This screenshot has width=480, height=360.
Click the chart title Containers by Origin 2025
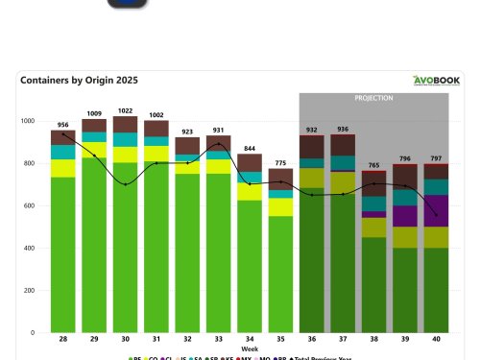click(78, 81)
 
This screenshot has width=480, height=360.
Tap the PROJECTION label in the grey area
click(373, 98)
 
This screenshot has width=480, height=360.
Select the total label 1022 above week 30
click(126, 110)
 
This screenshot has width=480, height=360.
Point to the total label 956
click(63, 125)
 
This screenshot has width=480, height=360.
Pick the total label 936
click(343, 129)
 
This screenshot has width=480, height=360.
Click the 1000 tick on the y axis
click(35, 121)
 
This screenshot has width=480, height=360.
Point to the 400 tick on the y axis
click(36, 248)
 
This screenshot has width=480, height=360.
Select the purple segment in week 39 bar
click(405, 216)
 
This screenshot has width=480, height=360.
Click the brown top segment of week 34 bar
click(250, 162)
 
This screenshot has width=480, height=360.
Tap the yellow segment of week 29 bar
click(94, 150)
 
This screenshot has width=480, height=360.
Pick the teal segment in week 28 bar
click(63, 152)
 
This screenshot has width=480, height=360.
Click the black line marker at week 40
click(436, 214)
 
